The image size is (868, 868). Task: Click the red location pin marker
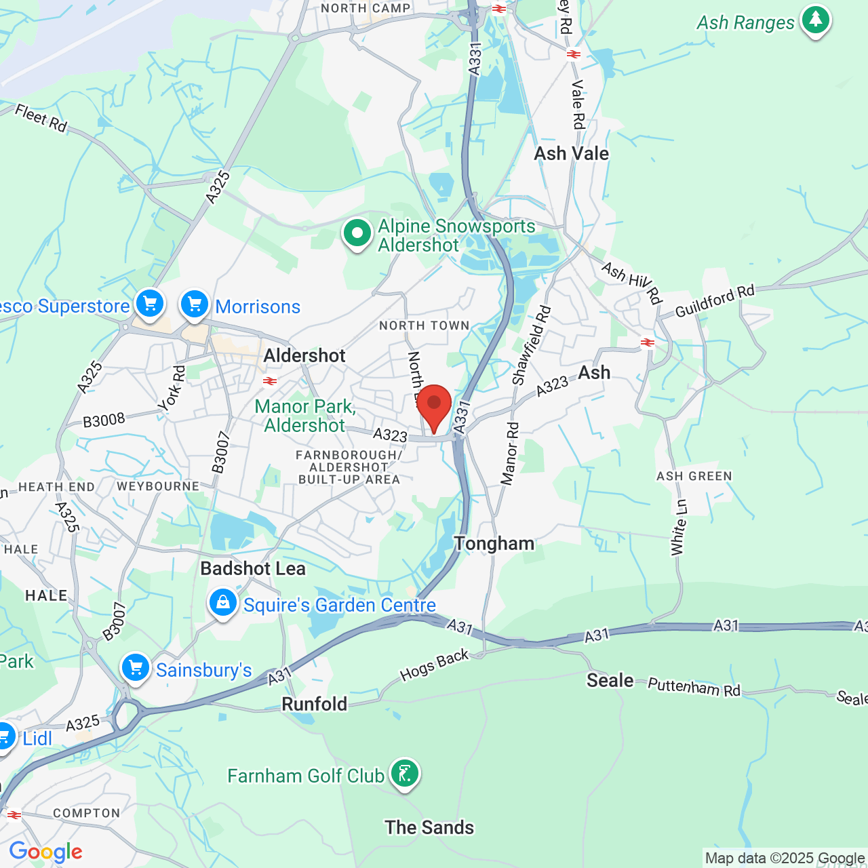[x=434, y=406]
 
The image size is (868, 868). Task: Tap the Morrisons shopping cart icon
[x=195, y=304]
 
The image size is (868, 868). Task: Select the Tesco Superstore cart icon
[x=150, y=303]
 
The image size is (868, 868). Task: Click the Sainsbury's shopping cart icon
[x=136, y=668]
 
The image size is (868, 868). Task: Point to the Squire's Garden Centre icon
[x=222, y=602]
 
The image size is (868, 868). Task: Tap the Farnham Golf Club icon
[x=404, y=773]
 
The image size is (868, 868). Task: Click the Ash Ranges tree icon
[x=815, y=20]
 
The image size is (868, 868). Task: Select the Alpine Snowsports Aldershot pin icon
[x=357, y=233]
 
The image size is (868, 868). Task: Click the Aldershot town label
[x=304, y=355]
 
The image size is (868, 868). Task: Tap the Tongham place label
[x=494, y=543]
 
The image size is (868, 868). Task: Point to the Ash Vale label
[x=572, y=153]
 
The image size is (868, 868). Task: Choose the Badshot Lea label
[x=253, y=568]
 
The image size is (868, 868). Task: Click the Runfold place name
[x=315, y=704]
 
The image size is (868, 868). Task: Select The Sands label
[x=429, y=827]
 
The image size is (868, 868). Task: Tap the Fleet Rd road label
[x=41, y=118]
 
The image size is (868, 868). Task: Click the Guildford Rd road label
[x=715, y=302]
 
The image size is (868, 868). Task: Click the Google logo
[x=45, y=852]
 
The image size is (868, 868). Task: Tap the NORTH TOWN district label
[x=424, y=325]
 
